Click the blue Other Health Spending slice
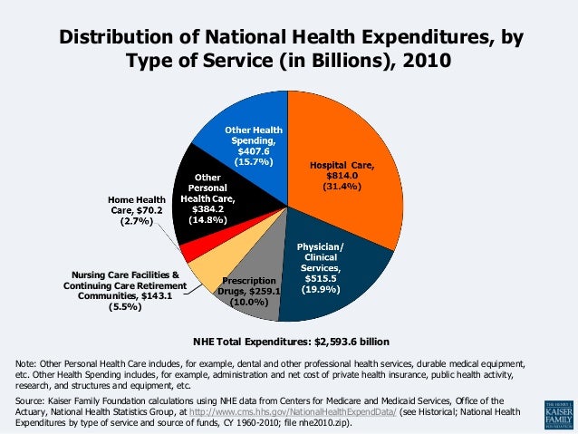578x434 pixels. pos(249,145)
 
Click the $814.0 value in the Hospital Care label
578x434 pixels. pos(342,175)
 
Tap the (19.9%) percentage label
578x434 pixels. pos(321,290)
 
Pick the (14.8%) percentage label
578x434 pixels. pos(208,220)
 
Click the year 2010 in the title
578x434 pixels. pos(422,62)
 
